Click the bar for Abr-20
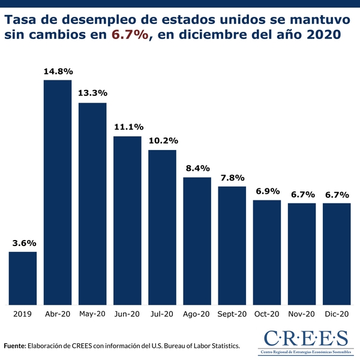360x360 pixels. click(x=58, y=192)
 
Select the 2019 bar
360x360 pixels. click(x=23, y=278)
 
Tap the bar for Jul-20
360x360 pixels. click(x=162, y=227)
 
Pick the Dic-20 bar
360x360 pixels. click(x=337, y=253)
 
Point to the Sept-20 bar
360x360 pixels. click(x=232, y=245)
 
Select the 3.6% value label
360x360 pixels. click(x=24, y=244)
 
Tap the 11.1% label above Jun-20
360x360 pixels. click(x=128, y=127)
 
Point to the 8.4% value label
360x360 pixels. click(x=197, y=169)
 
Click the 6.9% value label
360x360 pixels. click(x=267, y=191)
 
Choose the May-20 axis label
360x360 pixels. click(x=92, y=314)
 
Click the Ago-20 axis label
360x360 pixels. click(x=197, y=314)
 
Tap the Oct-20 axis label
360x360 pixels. click(x=267, y=314)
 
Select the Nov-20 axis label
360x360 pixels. click(x=301, y=314)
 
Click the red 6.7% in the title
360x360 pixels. click(x=130, y=35)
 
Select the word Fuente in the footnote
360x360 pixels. click(x=14, y=346)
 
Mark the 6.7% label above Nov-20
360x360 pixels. click(x=302, y=194)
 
